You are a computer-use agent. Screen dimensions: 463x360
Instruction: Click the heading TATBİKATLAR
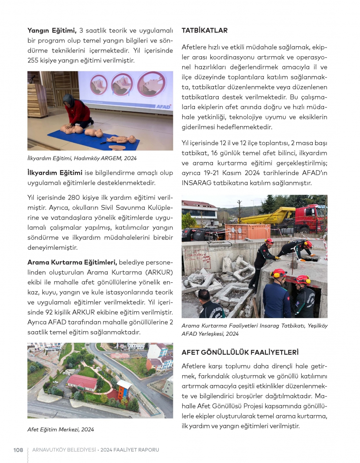click(x=204, y=31)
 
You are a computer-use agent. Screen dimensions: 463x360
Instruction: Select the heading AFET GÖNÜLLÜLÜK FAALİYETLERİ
click(x=240, y=352)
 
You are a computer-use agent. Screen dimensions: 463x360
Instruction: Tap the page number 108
click(x=18, y=450)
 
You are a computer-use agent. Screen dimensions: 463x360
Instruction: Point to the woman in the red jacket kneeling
click(x=78, y=112)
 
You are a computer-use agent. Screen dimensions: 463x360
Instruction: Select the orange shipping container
click(x=247, y=232)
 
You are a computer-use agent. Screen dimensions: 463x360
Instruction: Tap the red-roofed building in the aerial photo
click(x=82, y=382)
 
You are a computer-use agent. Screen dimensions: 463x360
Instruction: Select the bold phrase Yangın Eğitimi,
click(x=52, y=31)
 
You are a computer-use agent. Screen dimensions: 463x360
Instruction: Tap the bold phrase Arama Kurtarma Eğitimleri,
click(x=72, y=262)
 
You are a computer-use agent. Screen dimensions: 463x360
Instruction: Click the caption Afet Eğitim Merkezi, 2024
click(x=60, y=429)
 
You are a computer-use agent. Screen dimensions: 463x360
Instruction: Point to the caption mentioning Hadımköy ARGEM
click(x=82, y=158)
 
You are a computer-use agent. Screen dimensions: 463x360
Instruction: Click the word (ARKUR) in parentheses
click(x=159, y=272)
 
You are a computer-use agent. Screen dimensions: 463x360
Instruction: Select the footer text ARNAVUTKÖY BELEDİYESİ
click(x=64, y=450)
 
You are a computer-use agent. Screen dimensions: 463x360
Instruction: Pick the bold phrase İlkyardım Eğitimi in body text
click(x=55, y=173)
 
